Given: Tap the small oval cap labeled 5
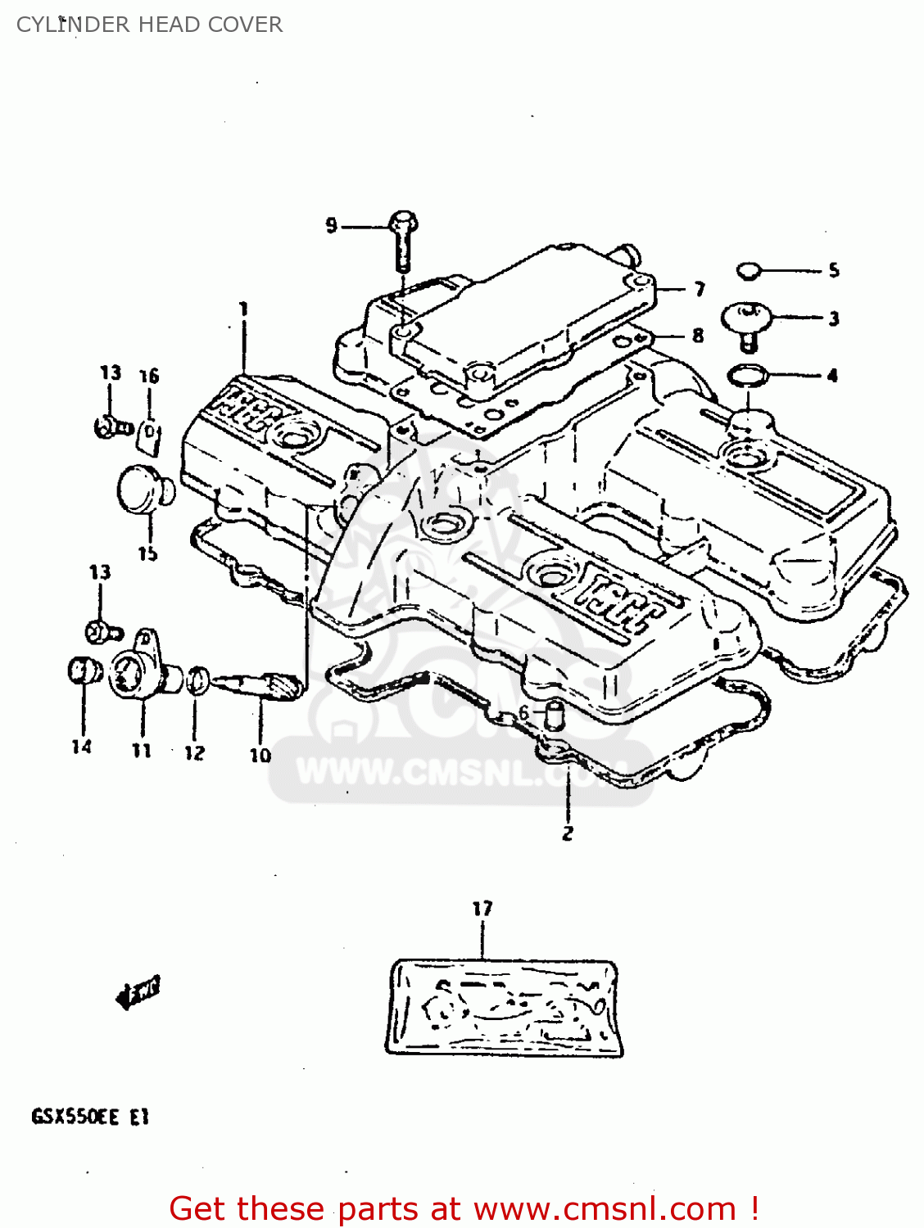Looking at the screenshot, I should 748,270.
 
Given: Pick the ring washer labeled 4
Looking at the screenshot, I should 747,376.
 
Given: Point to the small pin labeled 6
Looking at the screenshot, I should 555,716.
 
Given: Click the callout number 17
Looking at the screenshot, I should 482,908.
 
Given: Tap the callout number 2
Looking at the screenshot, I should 568,833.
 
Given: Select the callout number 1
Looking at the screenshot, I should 243,309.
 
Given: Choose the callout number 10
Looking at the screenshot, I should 260,755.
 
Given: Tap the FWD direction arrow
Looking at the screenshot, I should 138,992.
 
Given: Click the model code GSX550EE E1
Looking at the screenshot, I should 90,1117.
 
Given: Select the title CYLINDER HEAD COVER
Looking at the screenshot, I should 149,25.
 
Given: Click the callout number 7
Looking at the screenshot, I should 699,289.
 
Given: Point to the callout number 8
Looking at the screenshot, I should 697,335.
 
